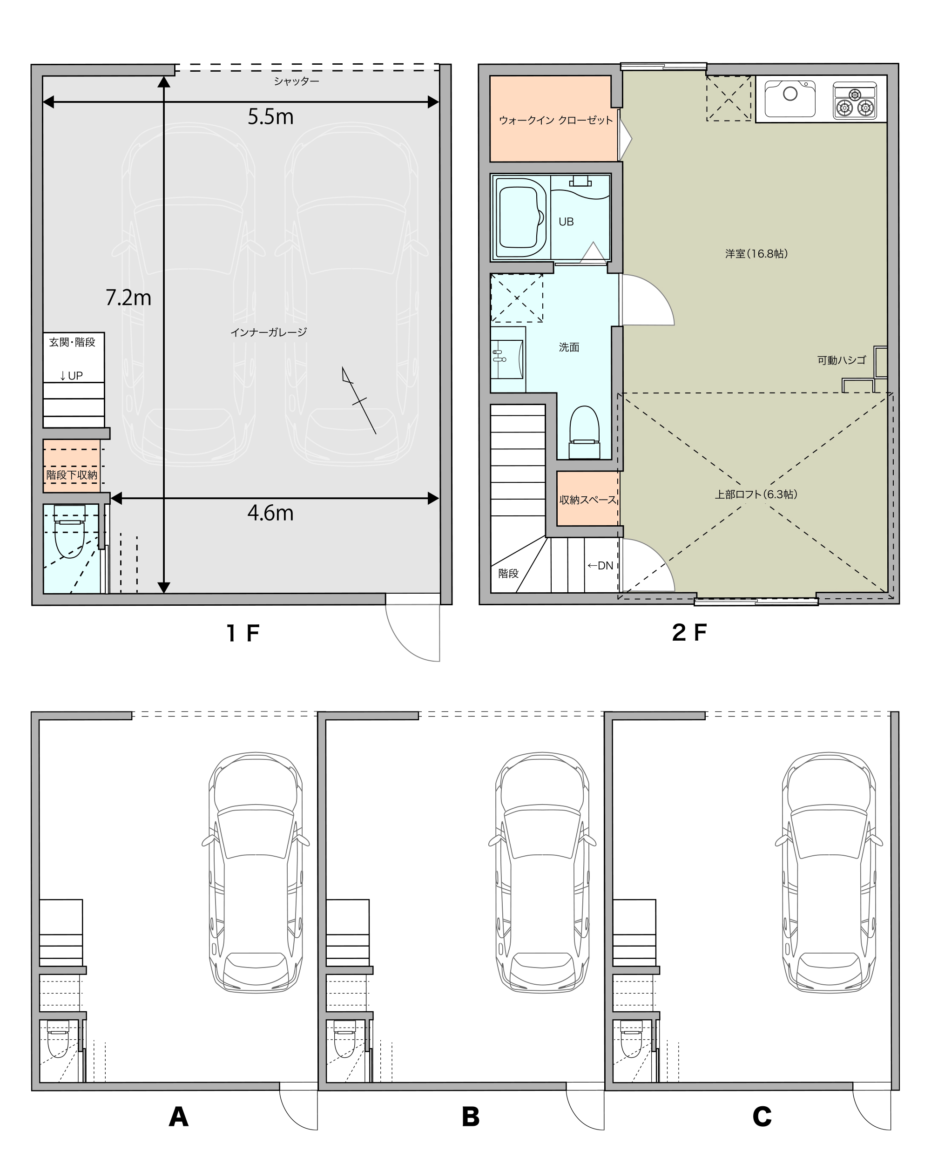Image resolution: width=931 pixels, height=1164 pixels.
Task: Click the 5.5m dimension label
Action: coord(270,116)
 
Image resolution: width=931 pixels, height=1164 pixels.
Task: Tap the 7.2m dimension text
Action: coord(128,298)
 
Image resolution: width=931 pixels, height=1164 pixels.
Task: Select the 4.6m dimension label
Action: coord(270,513)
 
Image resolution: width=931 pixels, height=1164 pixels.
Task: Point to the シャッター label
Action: coord(297,81)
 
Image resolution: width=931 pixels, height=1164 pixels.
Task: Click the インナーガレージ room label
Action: coord(268,332)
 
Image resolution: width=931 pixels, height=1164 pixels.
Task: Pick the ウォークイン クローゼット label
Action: coord(556,120)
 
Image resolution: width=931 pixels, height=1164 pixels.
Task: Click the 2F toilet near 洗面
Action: coord(585,433)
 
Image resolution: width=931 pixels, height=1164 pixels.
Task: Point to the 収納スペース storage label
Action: coord(588,500)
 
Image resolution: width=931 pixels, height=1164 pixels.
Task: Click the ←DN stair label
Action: coord(600,565)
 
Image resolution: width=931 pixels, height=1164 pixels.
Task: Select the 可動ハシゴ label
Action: coord(842,360)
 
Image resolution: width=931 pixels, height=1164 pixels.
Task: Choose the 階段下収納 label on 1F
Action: coord(72,475)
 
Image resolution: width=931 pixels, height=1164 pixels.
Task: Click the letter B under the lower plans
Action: coord(471,1117)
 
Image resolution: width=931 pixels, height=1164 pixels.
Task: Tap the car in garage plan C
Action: coord(829,873)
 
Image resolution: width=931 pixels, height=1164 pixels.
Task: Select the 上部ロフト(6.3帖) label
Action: coord(756,494)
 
